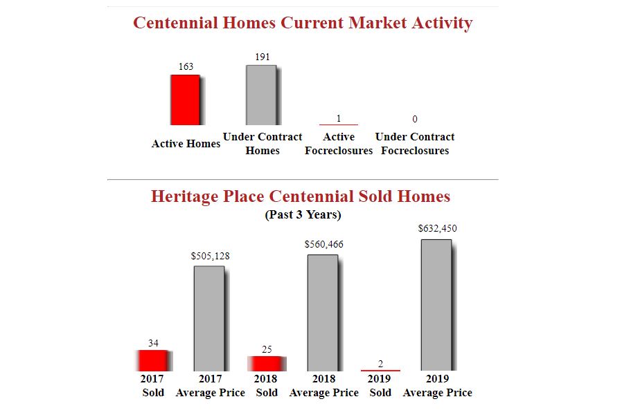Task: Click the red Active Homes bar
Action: [x=185, y=100]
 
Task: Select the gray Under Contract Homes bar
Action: [x=261, y=95]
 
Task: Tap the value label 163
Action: [x=186, y=66]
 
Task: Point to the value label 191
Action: [x=263, y=57]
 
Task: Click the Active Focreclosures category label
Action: [x=339, y=144]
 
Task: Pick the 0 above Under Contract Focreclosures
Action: [x=415, y=119]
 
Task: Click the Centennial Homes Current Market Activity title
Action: [x=303, y=23]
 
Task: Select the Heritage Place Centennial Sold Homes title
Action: [x=301, y=196]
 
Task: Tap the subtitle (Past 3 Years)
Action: [x=303, y=214]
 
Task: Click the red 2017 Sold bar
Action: [x=152, y=360]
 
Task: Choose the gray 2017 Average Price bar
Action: [x=209, y=318]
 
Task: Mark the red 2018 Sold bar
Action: [x=265, y=364]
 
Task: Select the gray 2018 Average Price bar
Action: [x=323, y=313]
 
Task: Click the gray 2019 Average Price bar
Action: [x=436, y=305]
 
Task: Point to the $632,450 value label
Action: [x=438, y=228]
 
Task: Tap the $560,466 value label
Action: [x=323, y=244]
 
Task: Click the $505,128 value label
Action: [x=211, y=257]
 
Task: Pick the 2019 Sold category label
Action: [x=380, y=386]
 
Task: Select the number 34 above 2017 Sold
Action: [x=153, y=343]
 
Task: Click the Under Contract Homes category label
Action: [x=263, y=144]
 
